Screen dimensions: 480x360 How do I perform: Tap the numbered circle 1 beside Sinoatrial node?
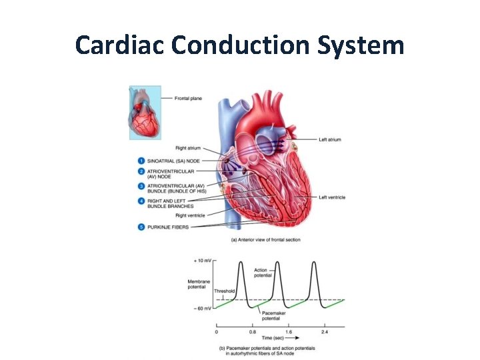141,161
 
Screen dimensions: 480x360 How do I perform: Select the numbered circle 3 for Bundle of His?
141,186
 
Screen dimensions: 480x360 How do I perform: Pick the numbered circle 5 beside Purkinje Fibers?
141,227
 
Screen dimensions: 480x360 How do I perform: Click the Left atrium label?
330,139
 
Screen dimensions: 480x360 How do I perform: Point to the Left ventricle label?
331,197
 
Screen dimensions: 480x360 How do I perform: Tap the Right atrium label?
190,148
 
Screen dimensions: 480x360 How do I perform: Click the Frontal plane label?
188,99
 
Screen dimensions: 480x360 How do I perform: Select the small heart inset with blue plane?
145,112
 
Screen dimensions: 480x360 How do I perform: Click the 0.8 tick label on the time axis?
253,331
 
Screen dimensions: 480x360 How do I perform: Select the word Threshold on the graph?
223,291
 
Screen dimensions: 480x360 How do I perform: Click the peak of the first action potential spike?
241,262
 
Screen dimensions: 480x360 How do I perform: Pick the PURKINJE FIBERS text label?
172,227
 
